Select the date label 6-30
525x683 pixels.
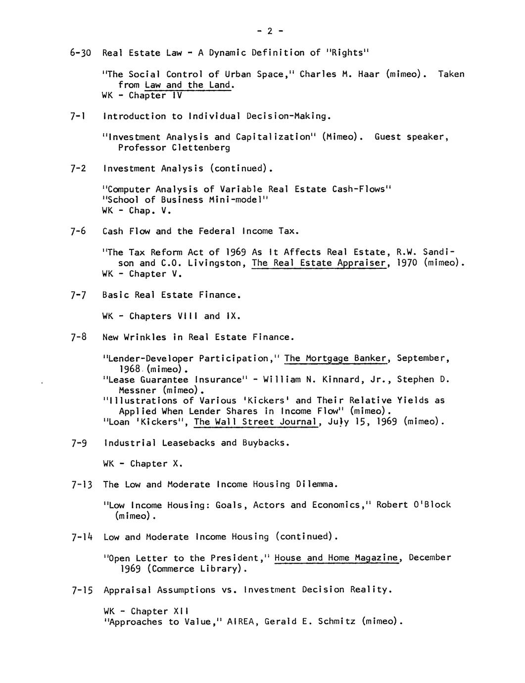(81, 53)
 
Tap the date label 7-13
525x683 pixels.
(82, 485)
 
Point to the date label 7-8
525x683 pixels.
(79, 338)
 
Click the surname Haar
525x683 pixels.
(368, 74)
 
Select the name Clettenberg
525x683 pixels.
(201, 147)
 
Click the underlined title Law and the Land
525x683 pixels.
(189, 85)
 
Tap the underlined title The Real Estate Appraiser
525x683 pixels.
(319, 263)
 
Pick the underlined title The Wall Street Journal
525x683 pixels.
(255, 422)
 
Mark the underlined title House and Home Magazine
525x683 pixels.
(336, 558)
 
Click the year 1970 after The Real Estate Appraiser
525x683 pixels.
(408, 263)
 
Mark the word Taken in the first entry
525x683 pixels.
(451, 74)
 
